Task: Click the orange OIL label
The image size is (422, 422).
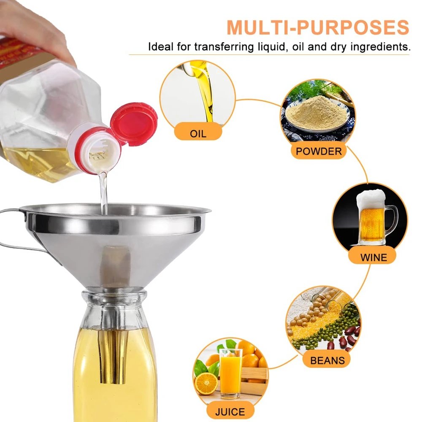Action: [198, 134]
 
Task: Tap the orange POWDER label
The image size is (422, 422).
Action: [319, 151]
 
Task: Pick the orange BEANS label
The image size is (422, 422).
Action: [327, 360]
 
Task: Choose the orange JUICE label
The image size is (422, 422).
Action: [230, 411]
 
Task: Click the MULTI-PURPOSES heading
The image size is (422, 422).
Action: [318, 27]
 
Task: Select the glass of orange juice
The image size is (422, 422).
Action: [231, 371]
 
